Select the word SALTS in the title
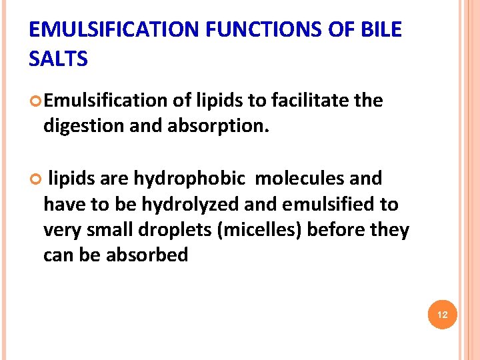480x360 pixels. [59, 59]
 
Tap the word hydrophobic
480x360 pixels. [189, 179]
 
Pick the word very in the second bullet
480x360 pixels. [61, 229]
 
